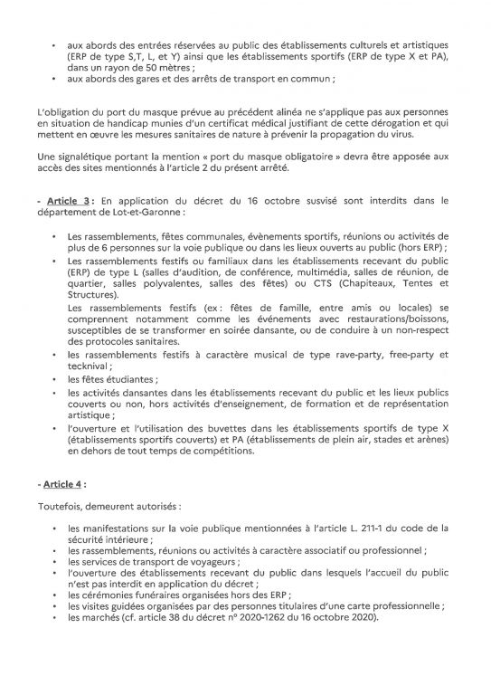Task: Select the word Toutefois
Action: click(x=59, y=509)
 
